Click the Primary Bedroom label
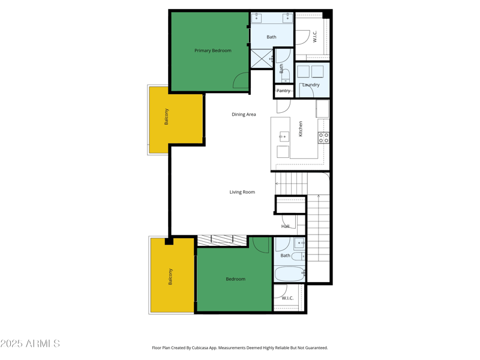pyautogui.click(x=212, y=51)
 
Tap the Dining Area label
pyautogui.click(x=244, y=115)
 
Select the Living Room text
pyautogui.click(x=242, y=193)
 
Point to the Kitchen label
pyautogui.click(x=301, y=128)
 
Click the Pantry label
pyautogui.click(x=283, y=91)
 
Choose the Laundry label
pyautogui.click(x=311, y=85)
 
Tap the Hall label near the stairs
pyautogui.click(x=286, y=226)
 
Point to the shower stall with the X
pyautogui.click(x=261, y=59)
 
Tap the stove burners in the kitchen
pyautogui.click(x=323, y=137)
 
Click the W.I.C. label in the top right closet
pyautogui.click(x=314, y=37)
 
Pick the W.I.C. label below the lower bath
pyautogui.click(x=287, y=298)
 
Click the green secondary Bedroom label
pyautogui.click(x=235, y=279)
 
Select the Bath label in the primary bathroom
pyautogui.click(x=271, y=37)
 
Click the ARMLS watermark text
pyautogui.click(x=30, y=344)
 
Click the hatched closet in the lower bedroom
pyautogui.click(x=222, y=241)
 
